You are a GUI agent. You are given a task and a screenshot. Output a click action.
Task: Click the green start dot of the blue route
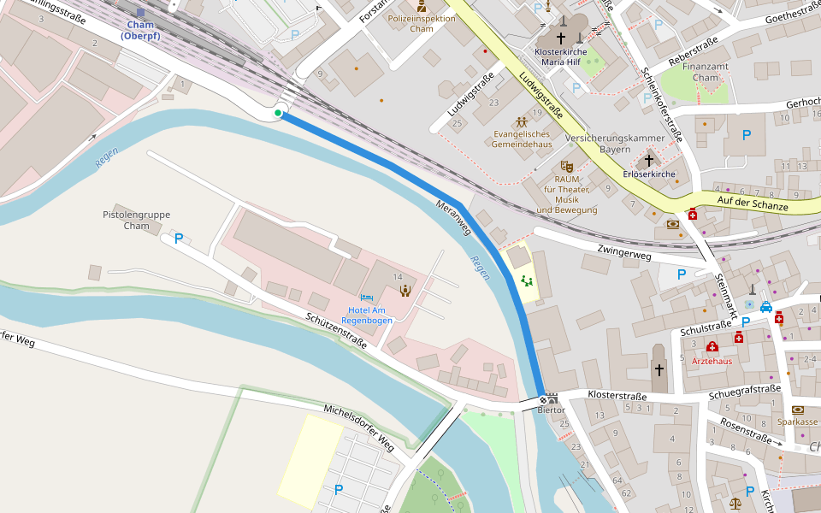(278, 113)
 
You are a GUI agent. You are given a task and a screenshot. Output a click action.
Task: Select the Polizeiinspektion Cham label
(422, 23)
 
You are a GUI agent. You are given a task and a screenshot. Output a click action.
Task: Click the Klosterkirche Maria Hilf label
(564, 56)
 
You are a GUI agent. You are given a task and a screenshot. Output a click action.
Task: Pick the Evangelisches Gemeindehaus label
(521, 139)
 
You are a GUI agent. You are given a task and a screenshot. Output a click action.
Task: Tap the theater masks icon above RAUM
(564, 166)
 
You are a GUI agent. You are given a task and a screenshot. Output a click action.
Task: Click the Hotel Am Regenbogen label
(367, 315)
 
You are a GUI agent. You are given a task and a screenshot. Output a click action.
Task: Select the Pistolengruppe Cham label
(136, 220)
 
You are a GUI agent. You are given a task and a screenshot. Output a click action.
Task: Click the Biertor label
(551, 410)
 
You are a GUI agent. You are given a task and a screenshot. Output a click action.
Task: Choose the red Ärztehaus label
(712, 361)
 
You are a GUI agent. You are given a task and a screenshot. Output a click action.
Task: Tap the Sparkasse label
(797, 422)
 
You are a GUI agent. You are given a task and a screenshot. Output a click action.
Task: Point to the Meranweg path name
(453, 218)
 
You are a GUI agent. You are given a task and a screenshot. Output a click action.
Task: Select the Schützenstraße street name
(336, 330)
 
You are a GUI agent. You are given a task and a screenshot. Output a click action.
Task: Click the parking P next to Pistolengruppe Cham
(179, 239)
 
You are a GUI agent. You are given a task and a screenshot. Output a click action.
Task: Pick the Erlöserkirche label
(649, 174)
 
